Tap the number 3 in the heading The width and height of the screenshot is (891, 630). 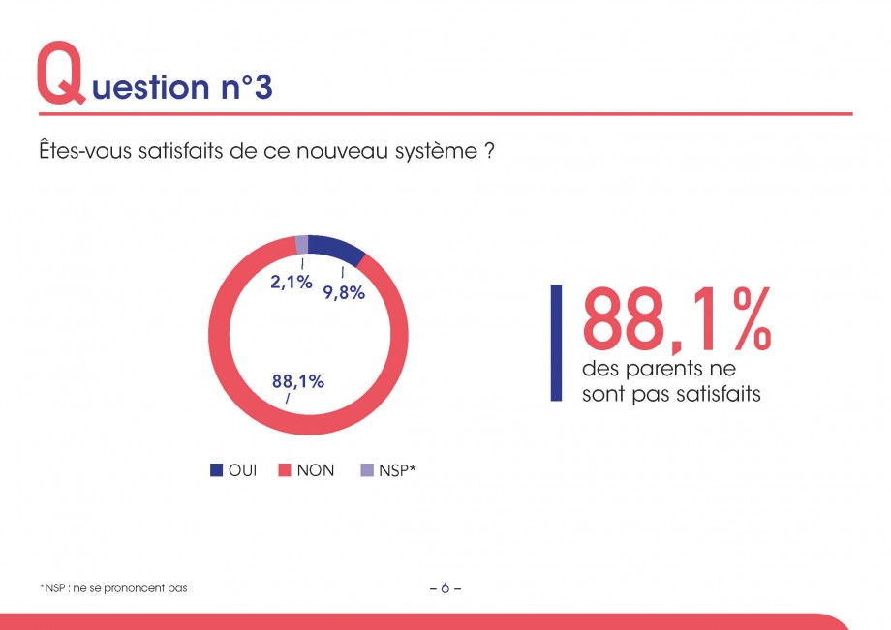point(263,87)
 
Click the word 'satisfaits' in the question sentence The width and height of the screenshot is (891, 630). point(181,151)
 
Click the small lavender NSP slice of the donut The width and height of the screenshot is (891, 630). point(302,245)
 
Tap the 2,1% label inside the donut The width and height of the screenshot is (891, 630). point(291,282)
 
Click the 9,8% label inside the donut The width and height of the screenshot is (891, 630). point(344,293)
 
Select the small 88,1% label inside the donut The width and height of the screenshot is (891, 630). point(297,381)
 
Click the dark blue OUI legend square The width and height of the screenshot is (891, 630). point(217,470)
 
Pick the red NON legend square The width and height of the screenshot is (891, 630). point(285,470)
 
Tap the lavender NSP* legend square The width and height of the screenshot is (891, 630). point(367,470)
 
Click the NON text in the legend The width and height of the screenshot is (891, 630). point(316,470)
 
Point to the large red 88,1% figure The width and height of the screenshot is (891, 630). point(676,319)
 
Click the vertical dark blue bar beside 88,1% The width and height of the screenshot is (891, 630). point(556,344)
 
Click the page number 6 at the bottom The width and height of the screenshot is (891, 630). point(445,588)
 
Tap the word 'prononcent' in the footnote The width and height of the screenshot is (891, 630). point(134,588)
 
